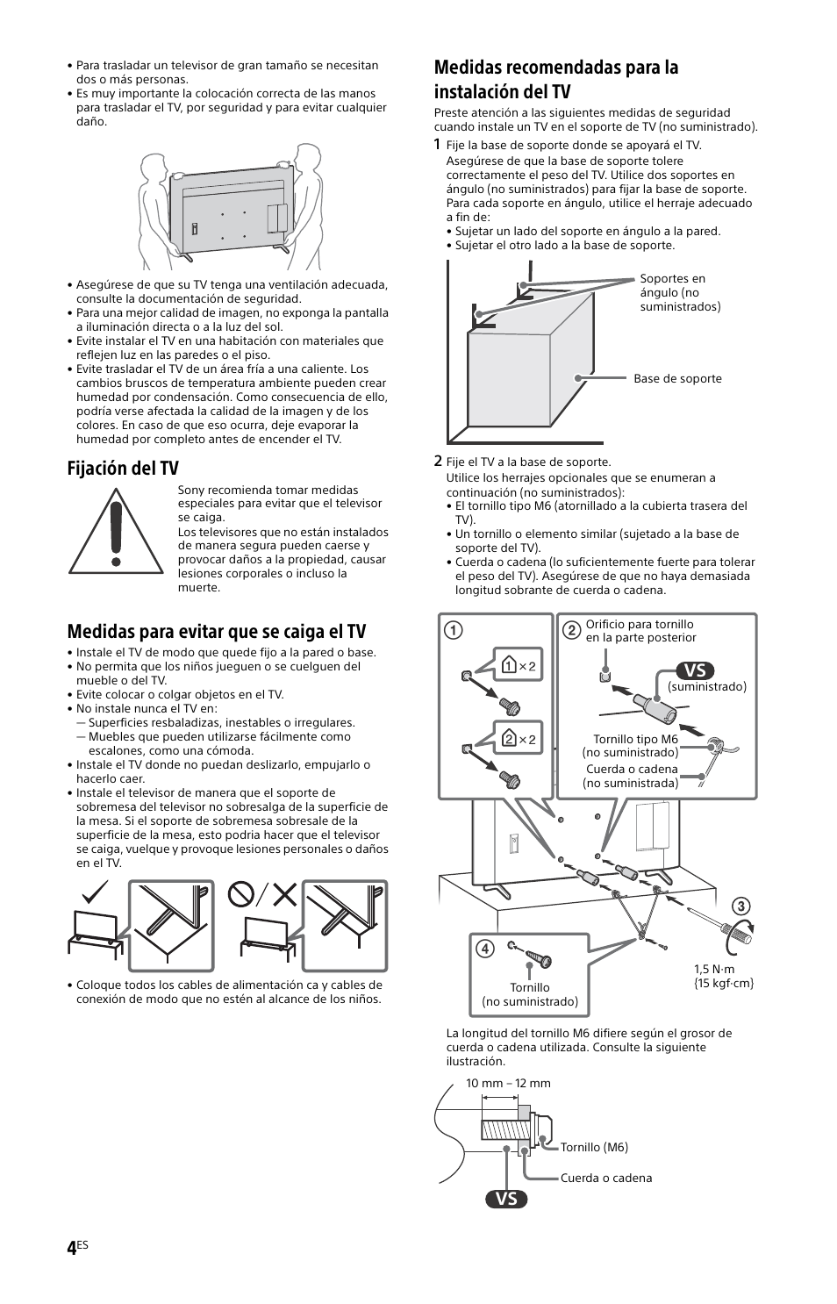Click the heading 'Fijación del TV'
point(122,468)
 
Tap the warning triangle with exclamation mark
point(116,532)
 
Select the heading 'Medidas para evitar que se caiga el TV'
point(216,631)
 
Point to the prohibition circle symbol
point(241,894)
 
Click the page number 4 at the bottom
point(71,1249)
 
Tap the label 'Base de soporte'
point(677,379)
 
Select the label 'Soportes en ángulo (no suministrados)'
point(679,292)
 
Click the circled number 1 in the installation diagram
point(454,630)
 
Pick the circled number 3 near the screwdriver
point(740,906)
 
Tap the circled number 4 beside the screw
point(484,949)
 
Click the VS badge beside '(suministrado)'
point(694,670)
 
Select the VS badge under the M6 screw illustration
point(506,1199)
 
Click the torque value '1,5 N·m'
point(714,969)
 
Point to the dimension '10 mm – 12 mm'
point(508,1083)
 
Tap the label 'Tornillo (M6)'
point(594,1147)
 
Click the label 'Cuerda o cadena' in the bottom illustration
point(606,1178)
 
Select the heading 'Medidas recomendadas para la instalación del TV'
point(555,79)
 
